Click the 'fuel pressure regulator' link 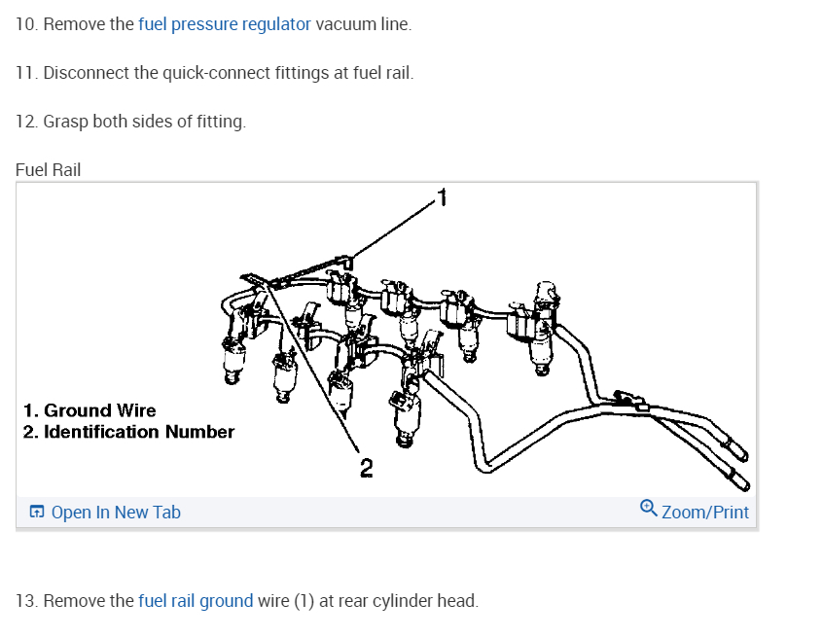tap(225, 24)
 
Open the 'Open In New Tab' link tap(115, 513)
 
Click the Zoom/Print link tap(704, 512)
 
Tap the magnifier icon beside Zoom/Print tap(649, 509)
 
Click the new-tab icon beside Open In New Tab tap(37, 513)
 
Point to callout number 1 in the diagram tap(442, 198)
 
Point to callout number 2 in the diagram tap(366, 469)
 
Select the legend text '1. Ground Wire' tap(89, 410)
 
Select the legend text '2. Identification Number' tap(128, 432)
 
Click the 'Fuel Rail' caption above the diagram tap(48, 170)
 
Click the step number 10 tap(25, 24)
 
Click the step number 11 tap(25, 73)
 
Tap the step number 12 tap(25, 122)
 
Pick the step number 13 tap(25, 601)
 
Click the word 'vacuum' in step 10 tap(343, 24)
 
